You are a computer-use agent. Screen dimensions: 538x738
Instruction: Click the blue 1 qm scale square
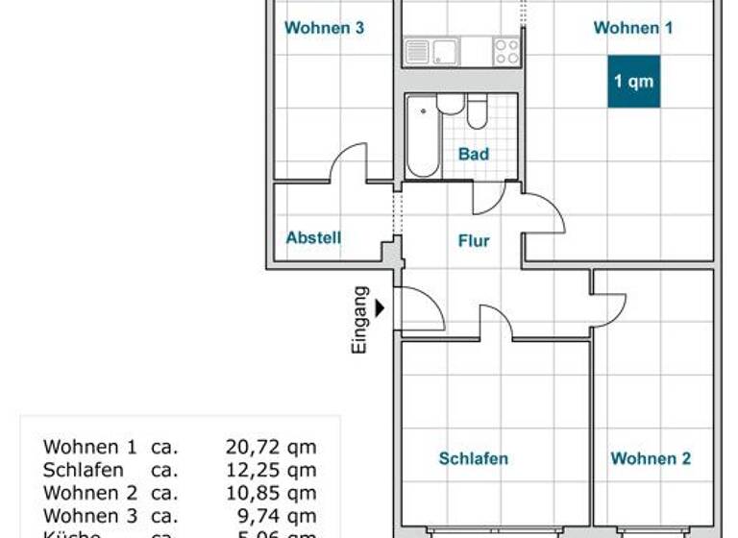click(x=633, y=81)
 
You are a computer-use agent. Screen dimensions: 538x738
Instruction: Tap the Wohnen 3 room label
click(x=324, y=28)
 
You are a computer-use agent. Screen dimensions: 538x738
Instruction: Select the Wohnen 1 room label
click(x=632, y=28)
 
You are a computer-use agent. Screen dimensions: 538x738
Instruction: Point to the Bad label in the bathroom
click(x=473, y=154)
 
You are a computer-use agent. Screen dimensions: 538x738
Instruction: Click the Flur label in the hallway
click(x=474, y=240)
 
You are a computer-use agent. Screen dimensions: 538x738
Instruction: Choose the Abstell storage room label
click(x=313, y=237)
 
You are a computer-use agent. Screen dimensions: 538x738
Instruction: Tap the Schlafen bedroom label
click(x=473, y=458)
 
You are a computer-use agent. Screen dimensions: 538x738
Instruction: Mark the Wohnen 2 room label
click(x=651, y=458)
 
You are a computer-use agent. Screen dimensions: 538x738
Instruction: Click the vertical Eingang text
click(x=360, y=321)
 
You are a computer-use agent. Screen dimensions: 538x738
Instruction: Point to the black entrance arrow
click(x=381, y=308)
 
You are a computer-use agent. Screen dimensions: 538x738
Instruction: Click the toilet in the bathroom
click(x=478, y=113)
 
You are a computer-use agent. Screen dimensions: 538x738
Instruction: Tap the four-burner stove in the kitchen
click(x=506, y=52)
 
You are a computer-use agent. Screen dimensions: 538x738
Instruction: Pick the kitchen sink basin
click(x=446, y=52)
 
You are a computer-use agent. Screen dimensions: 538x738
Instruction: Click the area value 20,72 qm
click(x=270, y=447)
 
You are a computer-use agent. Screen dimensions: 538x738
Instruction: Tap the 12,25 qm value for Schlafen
click(x=270, y=470)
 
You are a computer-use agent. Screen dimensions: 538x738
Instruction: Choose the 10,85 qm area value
click(x=270, y=493)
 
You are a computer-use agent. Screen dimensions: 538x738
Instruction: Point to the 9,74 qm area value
click(x=275, y=516)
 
